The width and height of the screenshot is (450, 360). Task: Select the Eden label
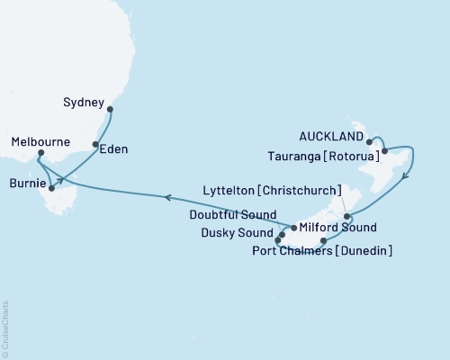click(x=112, y=149)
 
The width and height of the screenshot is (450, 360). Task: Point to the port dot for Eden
click(x=95, y=144)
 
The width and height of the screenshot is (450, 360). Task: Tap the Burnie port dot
click(x=51, y=188)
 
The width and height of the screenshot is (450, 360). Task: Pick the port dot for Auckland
click(x=369, y=141)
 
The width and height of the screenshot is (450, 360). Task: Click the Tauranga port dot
click(x=384, y=151)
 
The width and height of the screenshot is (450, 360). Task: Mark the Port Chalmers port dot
click(x=323, y=241)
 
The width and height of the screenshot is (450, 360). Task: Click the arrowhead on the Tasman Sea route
click(x=167, y=196)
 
